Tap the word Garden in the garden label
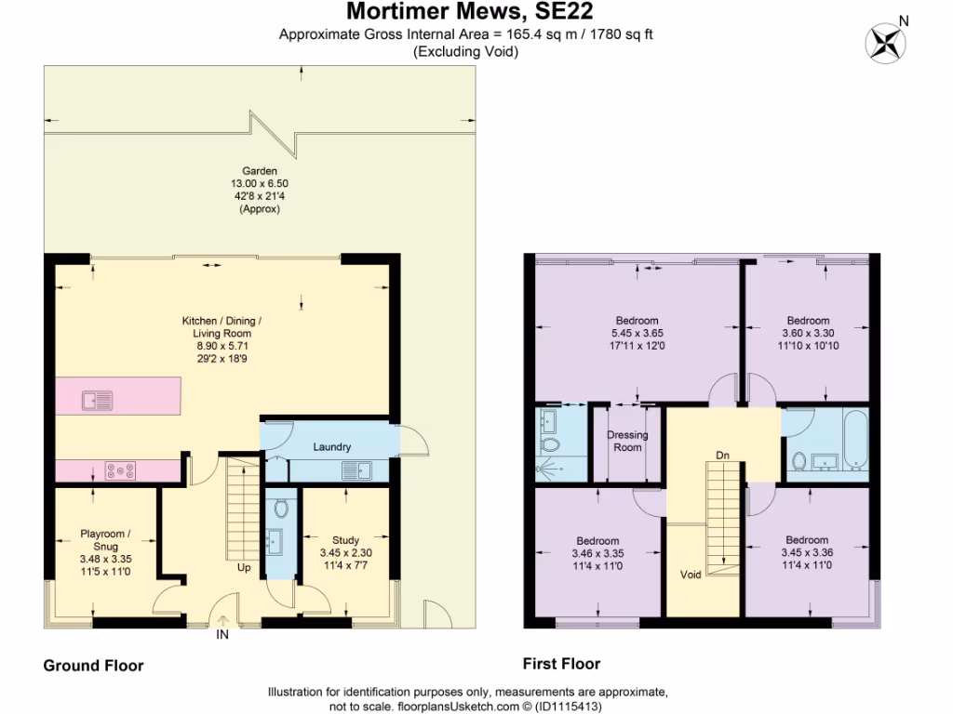pyautogui.click(x=256, y=172)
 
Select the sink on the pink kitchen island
pyautogui.click(x=97, y=401)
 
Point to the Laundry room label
pyautogui.click(x=331, y=447)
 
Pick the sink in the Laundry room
pyautogui.click(x=356, y=471)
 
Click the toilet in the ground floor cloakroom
pyautogui.click(x=282, y=508)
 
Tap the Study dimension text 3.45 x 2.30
pyautogui.click(x=345, y=552)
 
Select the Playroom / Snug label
pyautogui.click(x=105, y=540)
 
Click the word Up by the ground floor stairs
pyautogui.click(x=244, y=567)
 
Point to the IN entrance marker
pyautogui.click(x=222, y=636)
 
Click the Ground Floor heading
pyautogui.click(x=94, y=666)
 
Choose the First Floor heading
pyautogui.click(x=561, y=664)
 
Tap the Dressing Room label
pyautogui.click(x=627, y=441)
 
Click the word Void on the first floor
pyautogui.click(x=690, y=575)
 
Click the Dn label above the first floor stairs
pyautogui.click(x=722, y=456)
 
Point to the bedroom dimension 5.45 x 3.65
pyautogui.click(x=637, y=333)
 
